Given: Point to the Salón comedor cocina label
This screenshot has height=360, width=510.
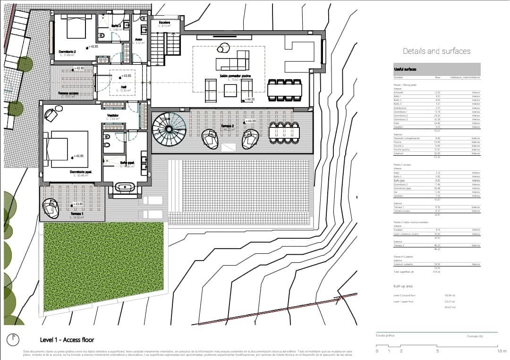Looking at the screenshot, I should (x=235, y=76).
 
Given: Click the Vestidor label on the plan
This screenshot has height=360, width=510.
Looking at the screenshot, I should (x=112, y=115).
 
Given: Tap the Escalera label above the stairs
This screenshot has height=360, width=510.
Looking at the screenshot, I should (x=165, y=22).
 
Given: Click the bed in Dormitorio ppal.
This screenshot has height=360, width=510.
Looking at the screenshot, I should (x=69, y=148).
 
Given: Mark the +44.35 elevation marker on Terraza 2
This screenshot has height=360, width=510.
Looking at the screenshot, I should (x=252, y=121).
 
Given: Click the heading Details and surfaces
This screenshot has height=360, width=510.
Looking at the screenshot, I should (x=436, y=51).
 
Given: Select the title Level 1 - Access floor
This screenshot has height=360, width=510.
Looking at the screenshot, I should (x=67, y=340).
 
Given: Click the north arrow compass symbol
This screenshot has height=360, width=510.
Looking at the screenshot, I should (x=14, y=339).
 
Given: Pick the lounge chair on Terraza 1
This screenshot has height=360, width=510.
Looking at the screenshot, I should (x=51, y=208).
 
